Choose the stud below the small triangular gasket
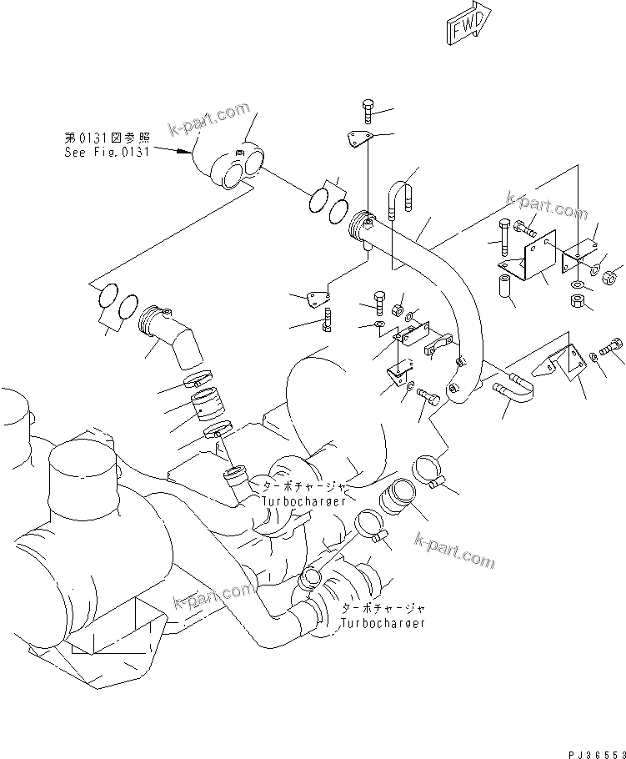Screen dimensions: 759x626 tap(327, 319)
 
